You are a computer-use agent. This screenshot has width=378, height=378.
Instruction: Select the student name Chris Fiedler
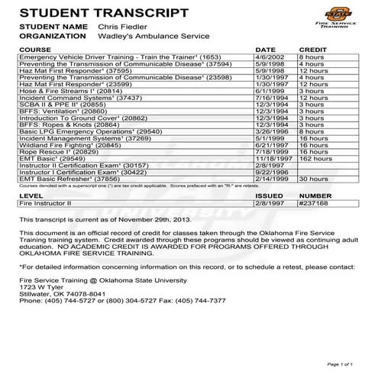[123, 26]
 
